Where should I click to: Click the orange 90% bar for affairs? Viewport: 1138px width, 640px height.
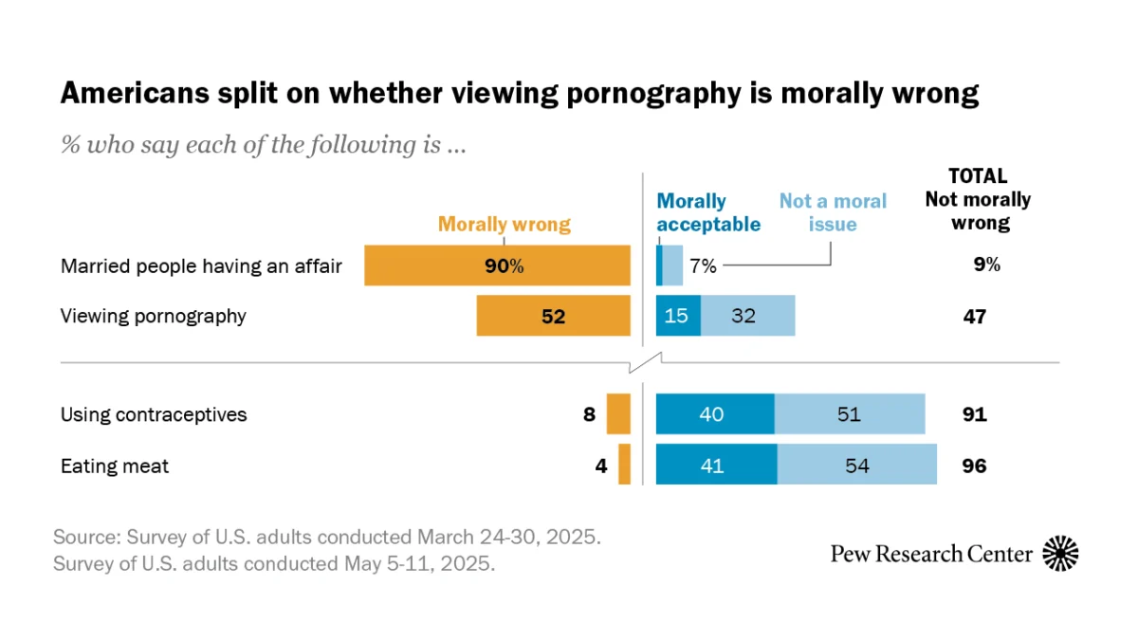pyautogui.click(x=498, y=265)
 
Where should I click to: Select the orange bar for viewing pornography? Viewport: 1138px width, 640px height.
pyautogui.click(x=553, y=316)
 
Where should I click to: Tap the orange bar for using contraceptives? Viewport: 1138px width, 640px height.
pyautogui.click(x=618, y=414)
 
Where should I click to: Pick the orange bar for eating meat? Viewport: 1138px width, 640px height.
pyautogui.click(x=624, y=465)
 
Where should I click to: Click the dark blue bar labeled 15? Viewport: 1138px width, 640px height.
pyautogui.click(x=678, y=316)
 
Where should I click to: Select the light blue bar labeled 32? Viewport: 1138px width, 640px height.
pyautogui.click(x=747, y=316)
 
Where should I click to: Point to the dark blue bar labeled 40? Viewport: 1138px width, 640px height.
pyautogui.click(x=715, y=414)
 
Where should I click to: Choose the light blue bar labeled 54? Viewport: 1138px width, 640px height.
pyautogui.click(x=856, y=465)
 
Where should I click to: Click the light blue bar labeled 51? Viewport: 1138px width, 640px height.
pyautogui.click(x=849, y=414)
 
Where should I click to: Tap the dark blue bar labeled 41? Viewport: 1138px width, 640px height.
pyautogui.click(x=716, y=465)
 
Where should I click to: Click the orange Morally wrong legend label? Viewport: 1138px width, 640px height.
pyautogui.click(x=504, y=225)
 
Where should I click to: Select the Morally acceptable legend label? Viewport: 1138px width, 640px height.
pyautogui.click(x=708, y=212)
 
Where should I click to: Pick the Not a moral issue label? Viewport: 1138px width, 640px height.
pyautogui.click(x=832, y=212)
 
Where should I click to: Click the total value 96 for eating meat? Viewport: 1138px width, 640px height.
pyautogui.click(x=973, y=466)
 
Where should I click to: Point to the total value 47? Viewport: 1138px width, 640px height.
pyautogui.click(x=973, y=317)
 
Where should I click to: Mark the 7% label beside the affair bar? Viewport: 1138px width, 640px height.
pyautogui.click(x=703, y=266)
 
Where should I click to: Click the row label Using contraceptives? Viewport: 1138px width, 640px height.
pyautogui.click(x=154, y=414)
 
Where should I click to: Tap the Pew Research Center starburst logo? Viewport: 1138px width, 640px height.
pyautogui.click(x=1060, y=554)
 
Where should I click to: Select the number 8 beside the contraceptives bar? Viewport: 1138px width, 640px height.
pyautogui.click(x=589, y=414)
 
